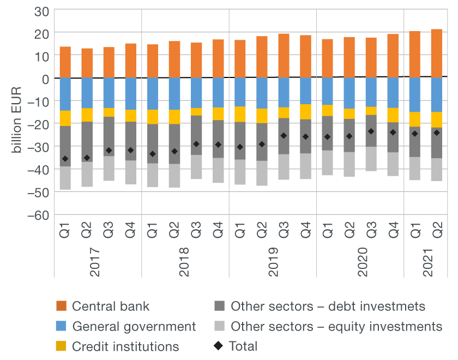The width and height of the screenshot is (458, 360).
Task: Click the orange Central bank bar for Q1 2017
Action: tap(65, 62)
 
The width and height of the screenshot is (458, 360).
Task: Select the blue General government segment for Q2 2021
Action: tap(436, 94)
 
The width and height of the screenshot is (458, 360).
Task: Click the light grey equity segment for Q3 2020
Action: tap(371, 159)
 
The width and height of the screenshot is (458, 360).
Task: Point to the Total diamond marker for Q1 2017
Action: tap(65, 159)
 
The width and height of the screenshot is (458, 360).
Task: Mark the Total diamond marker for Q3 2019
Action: tap(284, 136)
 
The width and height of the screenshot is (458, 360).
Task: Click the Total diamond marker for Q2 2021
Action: tap(436, 133)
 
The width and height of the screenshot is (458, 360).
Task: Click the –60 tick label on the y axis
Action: tap(39, 215)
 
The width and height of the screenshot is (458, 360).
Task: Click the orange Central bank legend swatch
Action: tap(62, 307)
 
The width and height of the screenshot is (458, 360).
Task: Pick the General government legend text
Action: tap(134, 327)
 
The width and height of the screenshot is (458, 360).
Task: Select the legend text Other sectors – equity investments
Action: tap(336, 327)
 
